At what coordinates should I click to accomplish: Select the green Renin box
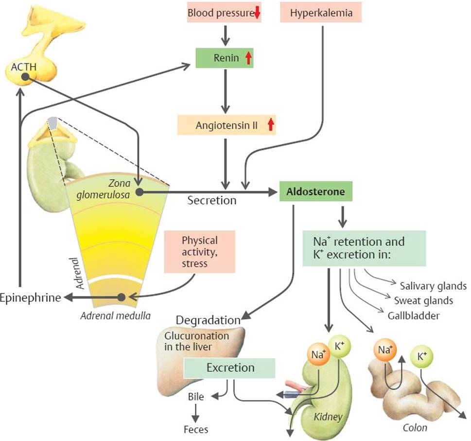point(224,58)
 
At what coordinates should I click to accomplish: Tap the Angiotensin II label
point(227,125)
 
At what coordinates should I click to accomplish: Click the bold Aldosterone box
point(316,192)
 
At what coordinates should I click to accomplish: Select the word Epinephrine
point(31,297)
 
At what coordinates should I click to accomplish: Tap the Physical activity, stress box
point(200,252)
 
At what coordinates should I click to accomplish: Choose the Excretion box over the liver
point(230,368)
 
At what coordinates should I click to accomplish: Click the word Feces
point(196,429)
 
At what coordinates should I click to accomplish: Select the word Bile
point(196,397)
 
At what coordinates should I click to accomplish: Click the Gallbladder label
point(414,315)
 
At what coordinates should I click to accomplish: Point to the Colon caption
point(416,428)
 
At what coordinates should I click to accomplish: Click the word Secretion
point(212,200)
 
